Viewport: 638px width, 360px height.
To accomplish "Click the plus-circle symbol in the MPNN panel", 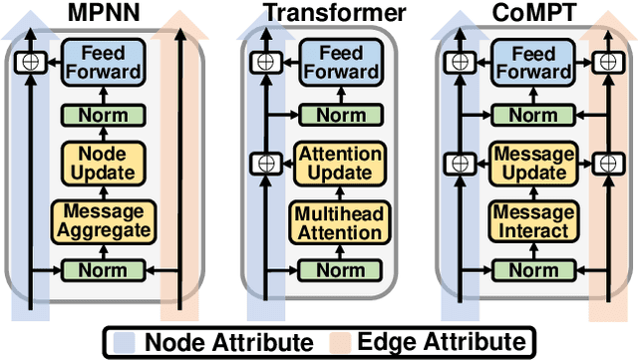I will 31,63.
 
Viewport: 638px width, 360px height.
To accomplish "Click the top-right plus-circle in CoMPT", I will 605,63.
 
